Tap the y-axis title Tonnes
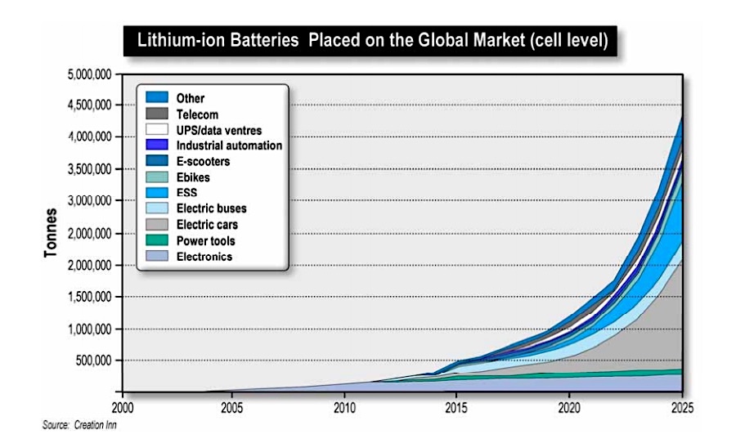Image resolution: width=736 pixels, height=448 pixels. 51,233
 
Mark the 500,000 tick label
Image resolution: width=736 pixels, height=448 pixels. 92,361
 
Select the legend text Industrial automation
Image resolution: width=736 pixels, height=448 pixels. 229,146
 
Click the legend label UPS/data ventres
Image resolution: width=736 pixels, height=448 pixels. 218,130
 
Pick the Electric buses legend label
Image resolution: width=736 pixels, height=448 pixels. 211,208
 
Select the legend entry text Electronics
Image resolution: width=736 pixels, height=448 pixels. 204,257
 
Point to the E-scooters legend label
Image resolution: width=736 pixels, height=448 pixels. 203,162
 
